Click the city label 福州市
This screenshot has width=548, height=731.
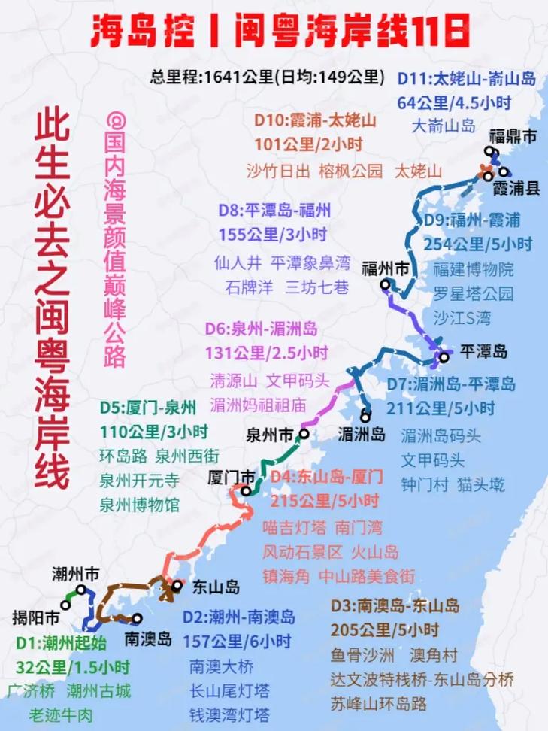386,268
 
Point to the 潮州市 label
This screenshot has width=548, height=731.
76,574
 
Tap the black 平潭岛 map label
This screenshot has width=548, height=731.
484,352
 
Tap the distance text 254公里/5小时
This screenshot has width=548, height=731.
477,244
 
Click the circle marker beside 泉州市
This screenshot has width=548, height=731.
304,434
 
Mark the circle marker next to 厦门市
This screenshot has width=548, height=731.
245,490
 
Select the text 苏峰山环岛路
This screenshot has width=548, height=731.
378,704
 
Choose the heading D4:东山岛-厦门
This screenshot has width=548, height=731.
327,476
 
